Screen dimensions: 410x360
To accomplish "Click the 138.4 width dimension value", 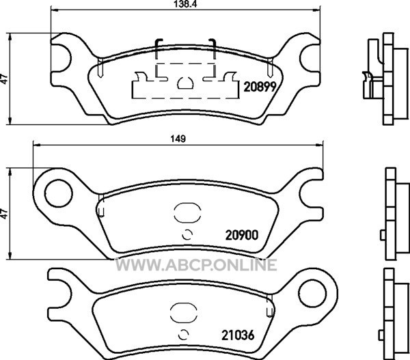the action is (x=185, y=4).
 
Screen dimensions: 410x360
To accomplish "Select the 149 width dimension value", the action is (x=178, y=139).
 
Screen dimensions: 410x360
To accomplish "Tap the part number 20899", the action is (x=260, y=87).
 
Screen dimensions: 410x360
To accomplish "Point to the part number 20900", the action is (x=242, y=235).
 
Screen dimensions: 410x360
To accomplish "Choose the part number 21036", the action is (x=238, y=335).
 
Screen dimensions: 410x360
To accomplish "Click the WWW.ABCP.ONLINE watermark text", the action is (x=196, y=264).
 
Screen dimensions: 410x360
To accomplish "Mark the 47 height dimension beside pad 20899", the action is (x=5, y=79).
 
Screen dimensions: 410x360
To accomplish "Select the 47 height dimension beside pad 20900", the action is (x=5, y=214).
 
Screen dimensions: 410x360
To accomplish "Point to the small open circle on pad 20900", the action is (x=187, y=234).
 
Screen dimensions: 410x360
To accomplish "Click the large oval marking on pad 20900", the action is (x=187, y=213).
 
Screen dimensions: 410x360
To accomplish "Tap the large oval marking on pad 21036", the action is (x=184, y=313).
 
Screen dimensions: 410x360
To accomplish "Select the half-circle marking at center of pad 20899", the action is (x=185, y=83).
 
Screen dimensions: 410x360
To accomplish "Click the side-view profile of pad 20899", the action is (x=385, y=79).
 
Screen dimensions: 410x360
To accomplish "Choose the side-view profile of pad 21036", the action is (x=394, y=314).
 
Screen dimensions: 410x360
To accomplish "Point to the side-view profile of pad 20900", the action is (x=395, y=214).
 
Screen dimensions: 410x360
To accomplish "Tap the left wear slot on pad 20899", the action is (x=100, y=68).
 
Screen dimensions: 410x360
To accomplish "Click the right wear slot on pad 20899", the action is (x=271, y=68).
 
